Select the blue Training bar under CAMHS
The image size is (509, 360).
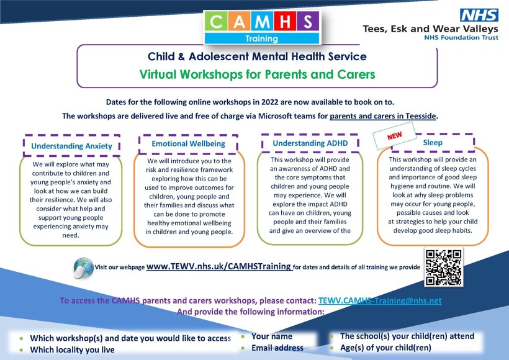click(262, 38)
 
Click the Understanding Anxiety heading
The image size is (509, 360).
click(71, 146)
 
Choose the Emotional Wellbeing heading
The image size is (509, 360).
click(189, 143)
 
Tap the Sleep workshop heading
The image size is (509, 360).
click(433, 143)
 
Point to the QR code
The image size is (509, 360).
click(443, 267)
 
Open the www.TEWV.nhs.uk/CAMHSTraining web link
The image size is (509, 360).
click(219, 266)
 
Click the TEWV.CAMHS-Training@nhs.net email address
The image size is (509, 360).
click(379, 300)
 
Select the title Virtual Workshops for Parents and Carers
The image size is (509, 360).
click(257, 74)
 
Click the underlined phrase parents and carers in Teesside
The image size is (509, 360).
click(383, 115)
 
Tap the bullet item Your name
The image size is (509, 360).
click(271, 336)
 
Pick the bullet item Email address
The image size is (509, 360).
click(277, 348)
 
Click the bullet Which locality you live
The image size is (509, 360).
click(72, 349)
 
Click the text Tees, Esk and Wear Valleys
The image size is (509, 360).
click(430, 29)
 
